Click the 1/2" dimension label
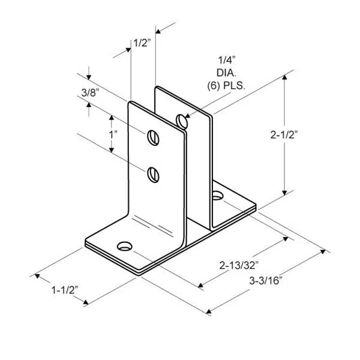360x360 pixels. (x=141, y=43)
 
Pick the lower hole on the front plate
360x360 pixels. (x=154, y=174)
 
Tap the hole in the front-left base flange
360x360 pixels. (x=125, y=245)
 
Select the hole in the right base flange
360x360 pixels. (x=217, y=195)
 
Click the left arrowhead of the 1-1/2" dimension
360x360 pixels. (x=38, y=276)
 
